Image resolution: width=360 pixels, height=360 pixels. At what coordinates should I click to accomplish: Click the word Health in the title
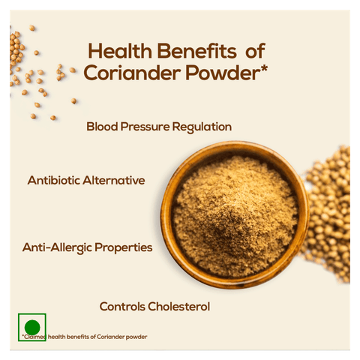[x=120, y=51]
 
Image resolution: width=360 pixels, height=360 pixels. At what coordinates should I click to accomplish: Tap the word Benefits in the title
[x=196, y=51]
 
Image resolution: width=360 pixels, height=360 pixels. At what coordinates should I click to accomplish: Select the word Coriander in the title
[x=132, y=73]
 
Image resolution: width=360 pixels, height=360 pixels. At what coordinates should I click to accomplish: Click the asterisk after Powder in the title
[x=264, y=67]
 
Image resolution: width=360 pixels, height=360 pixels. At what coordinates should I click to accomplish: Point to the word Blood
[x=102, y=127]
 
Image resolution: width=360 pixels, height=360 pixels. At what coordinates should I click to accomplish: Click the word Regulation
[x=202, y=127]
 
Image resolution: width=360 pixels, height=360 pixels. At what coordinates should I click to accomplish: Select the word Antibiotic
[x=54, y=180]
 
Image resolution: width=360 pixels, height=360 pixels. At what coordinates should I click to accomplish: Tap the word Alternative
[x=114, y=180]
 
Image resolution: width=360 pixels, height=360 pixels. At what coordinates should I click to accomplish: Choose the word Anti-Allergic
[x=57, y=248]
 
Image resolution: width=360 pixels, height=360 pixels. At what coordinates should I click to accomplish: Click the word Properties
[x=124, y=248]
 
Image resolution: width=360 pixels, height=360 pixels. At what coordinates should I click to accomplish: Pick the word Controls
[x=122, y=307]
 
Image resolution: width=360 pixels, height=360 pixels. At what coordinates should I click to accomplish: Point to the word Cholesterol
[x=179, y=307]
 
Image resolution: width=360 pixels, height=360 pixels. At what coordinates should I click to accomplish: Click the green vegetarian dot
[x=32, y=327]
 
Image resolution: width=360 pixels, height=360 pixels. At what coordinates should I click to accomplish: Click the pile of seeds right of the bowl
[x=328, y=215]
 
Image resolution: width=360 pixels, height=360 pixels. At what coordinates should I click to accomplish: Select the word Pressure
[x=145, y=127]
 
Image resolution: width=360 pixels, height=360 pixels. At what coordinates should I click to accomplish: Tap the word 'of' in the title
[x=255, y=51]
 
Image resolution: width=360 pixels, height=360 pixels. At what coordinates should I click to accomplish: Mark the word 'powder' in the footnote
[x=136, y=337]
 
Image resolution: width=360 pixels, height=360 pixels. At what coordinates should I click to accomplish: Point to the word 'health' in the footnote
[x=56, y=337]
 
